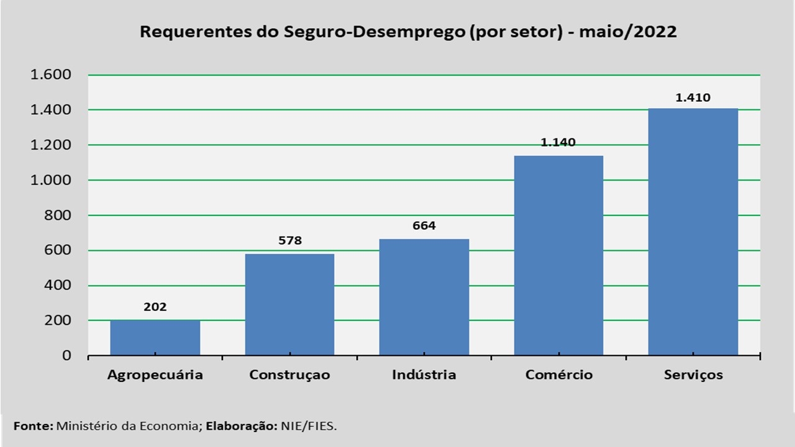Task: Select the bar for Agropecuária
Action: [x=155, y=338]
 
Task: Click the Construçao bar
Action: [x=289, y=304]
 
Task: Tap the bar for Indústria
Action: [x=424, y=297]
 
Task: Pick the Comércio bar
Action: [x=558, y=255]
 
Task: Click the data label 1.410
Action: [x=693, y=97]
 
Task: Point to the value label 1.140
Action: [x=558, y=142]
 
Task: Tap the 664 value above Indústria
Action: [x=424, y=225]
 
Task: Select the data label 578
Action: [x=289, y=240]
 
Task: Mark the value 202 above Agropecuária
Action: [x=155, y=307]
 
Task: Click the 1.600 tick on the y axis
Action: [x=52, y=75]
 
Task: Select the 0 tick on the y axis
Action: [x=66, y=356]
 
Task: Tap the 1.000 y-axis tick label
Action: [x=52, y=180]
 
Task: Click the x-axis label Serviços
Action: [x=693, y=375]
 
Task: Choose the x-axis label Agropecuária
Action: [x=155, y=375]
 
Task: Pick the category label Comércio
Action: [x=558, y=375]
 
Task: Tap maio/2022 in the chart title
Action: [x=628, y=32]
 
